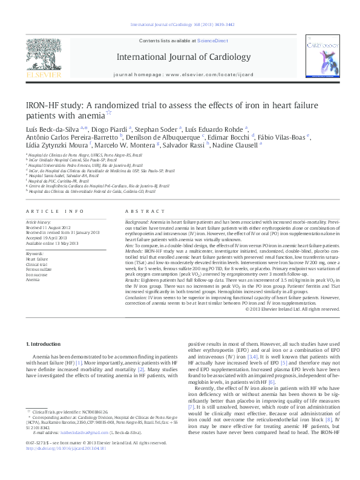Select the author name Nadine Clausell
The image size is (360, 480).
point(238,145)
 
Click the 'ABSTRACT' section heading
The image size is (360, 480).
point(141,211)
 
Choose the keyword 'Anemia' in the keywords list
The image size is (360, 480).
point(33,281)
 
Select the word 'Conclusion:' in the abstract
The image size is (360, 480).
point(137,297)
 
